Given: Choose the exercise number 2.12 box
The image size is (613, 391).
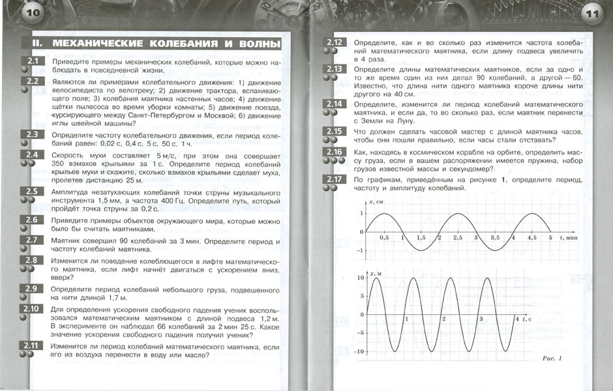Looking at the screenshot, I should click(335, 43).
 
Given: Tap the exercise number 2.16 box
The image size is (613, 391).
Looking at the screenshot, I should click(335, 152).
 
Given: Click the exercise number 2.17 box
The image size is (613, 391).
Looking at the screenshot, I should click(335, 179).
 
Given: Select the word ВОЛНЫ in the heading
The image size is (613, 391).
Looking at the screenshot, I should click(255, 44).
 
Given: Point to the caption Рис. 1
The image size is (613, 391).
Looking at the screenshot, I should click(551, 359).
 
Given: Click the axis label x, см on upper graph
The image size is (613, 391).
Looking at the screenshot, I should click(377, 203).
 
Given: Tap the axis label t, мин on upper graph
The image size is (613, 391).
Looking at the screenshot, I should click(571, 239).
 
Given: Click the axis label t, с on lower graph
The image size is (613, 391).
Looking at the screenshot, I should click(522, 319).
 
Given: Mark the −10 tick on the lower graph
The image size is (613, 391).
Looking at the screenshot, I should click(358, 351).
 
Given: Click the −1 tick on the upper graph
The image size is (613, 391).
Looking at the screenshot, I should click(359, 250).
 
